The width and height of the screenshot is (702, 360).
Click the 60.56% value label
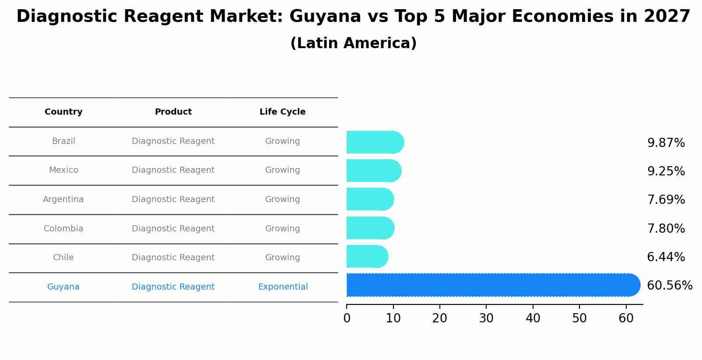tap(669, 286)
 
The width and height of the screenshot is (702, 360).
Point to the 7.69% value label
tap(666, 200)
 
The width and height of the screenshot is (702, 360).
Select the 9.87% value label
tap(666, 143)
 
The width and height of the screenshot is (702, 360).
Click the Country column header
tap(63, 112)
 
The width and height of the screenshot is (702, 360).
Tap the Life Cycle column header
tap(282, 112)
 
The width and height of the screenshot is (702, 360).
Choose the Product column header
tap(173, 112)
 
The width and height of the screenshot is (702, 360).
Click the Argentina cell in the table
tap(63, 199)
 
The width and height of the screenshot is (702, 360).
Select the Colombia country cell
tap(63, 229)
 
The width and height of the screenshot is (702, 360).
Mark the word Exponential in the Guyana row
tap(283, 287)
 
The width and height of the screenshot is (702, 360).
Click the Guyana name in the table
tap(63, 287)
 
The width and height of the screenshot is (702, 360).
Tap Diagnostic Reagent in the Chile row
tap(173, 258)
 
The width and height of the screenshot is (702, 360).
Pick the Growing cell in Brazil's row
tap(282, 141)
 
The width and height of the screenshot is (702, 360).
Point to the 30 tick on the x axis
tap(486, 318)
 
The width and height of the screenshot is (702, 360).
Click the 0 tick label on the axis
tap(347, 318)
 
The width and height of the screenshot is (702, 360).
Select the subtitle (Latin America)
tap(353, 43)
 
